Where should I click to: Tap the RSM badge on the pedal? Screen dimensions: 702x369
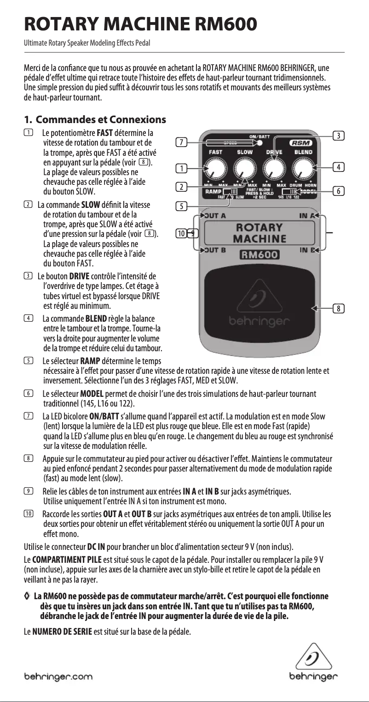pyautogui.click(x=301, y=143)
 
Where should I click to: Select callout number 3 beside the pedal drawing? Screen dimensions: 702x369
pyautogui.click(x=338, y=136)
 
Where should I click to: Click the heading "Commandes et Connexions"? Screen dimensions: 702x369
pyautogui.click(x=101, y=120)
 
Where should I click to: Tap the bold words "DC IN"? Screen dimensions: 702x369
pyautogui.click(x=95, y=548)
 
